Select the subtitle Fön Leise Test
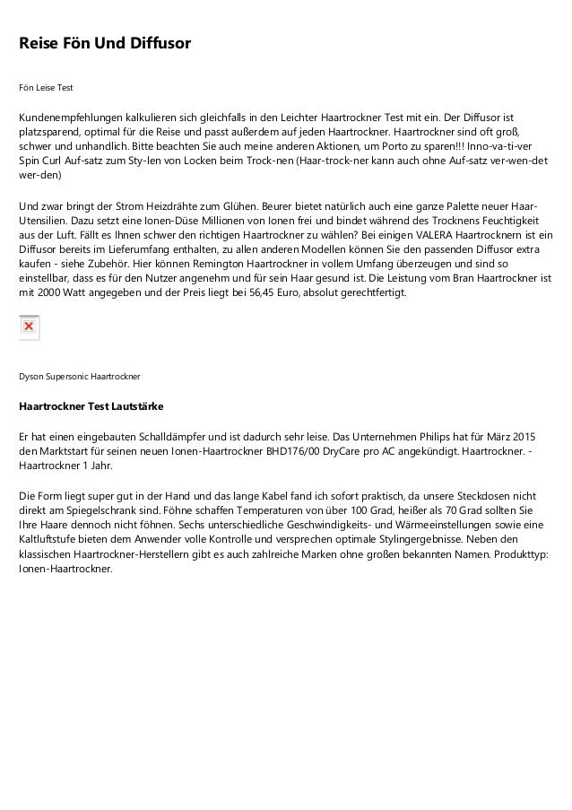[x=46, y=89]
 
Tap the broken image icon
[x=29, y=327]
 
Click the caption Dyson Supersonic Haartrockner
[x=79, y=374]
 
